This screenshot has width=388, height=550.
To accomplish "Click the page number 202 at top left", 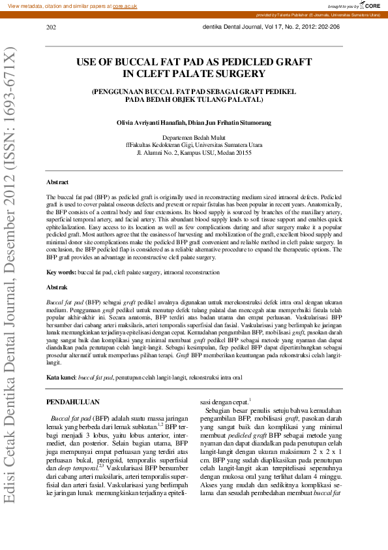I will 51,27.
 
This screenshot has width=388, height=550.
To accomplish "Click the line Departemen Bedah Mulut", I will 194,138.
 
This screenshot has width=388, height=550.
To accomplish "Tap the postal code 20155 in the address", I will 243,153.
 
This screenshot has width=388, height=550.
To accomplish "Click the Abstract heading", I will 57,182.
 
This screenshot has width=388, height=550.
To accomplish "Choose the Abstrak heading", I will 57,287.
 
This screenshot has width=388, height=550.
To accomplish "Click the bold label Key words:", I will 61,272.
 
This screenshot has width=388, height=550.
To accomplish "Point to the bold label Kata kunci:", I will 61,378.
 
